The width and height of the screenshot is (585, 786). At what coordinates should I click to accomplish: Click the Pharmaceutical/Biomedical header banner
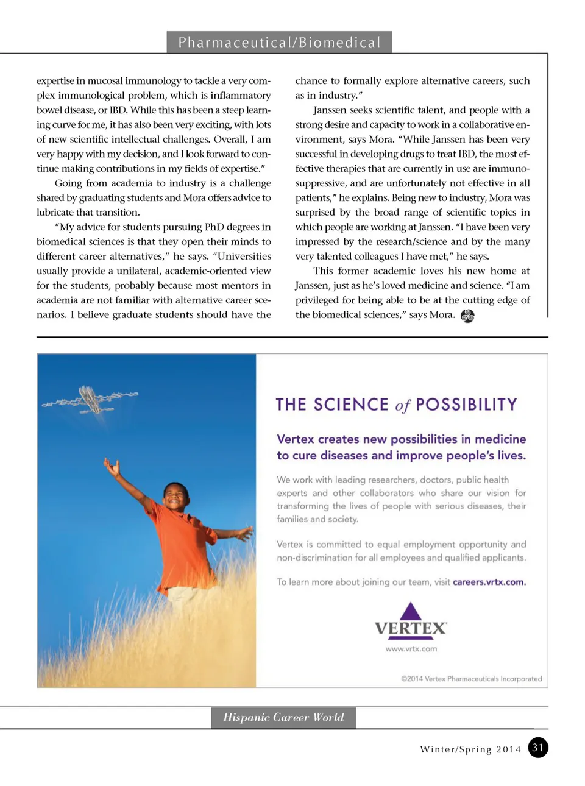pos(279,42)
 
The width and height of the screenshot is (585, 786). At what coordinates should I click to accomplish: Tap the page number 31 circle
pos(537,748)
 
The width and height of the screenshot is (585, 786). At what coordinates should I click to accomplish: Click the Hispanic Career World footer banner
pos(283,717)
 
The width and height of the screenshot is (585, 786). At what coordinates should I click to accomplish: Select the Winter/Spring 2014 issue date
pos(470,749)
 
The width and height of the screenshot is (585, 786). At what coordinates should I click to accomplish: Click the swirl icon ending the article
pos(467,316)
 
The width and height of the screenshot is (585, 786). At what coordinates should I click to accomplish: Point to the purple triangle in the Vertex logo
pos(411,611)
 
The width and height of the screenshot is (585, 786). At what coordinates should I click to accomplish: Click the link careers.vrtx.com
pos(489,582)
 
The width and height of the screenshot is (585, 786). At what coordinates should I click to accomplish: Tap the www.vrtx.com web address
pos(411,649)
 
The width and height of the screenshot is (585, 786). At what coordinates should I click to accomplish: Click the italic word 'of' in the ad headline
pos(402,406)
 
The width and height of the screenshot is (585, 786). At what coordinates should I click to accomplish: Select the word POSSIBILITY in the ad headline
pos(466,405)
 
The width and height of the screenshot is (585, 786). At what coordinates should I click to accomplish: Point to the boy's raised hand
pos(112,467)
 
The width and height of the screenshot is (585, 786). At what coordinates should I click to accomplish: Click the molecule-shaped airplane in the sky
pos(90,399)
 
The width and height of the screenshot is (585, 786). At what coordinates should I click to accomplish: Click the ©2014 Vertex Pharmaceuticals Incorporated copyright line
pos(471,678)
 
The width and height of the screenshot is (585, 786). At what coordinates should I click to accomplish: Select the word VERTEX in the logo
pos(410,628)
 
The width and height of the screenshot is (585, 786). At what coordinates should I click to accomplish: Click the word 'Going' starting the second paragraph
pos(69,183)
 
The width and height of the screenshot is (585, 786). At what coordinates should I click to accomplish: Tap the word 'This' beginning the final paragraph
pos(323,271)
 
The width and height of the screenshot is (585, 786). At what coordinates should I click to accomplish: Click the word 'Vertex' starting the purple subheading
pos(296,439)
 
